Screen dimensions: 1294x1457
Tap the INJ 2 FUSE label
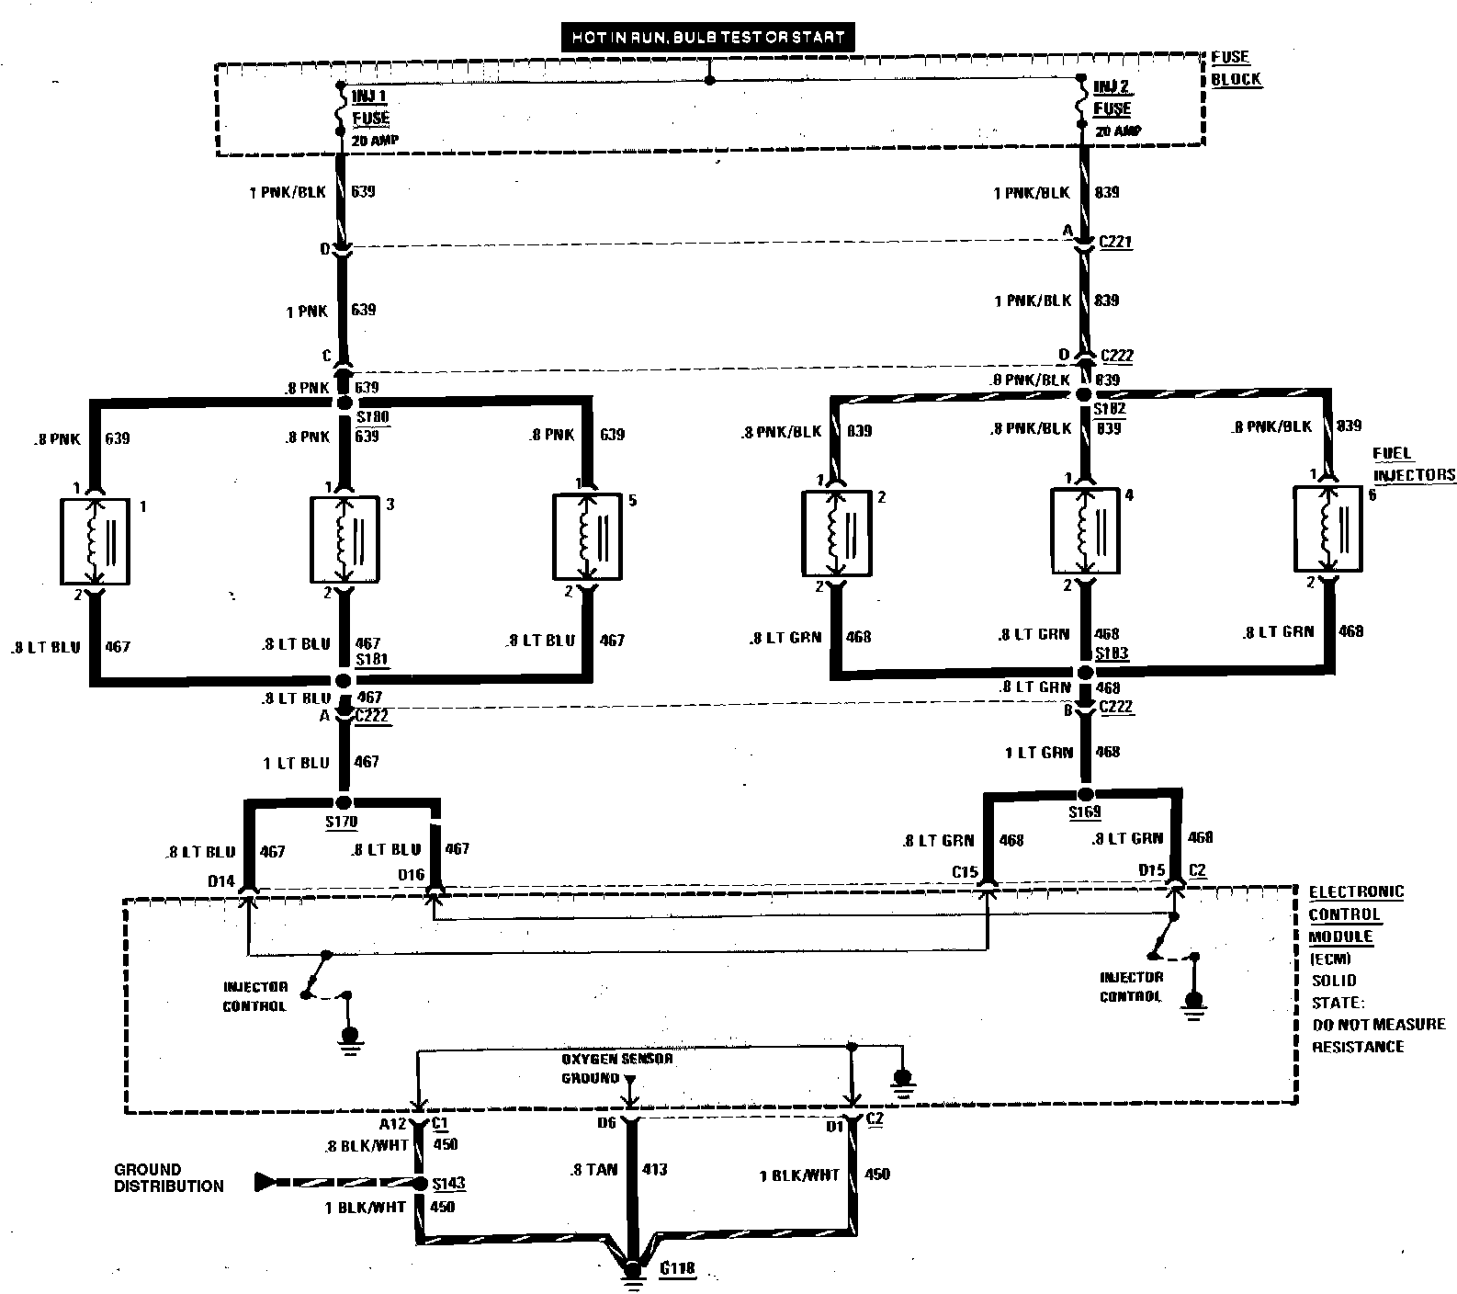[x=1112, y=97]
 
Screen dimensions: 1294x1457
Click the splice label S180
[x=372, y=417]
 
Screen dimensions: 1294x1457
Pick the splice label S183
[x=1111, y=653]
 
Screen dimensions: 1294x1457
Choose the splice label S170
[x=341, y=821]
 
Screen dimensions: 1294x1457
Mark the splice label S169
[x=1084, y=812]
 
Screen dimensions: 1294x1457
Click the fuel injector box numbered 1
[x=95, y=541]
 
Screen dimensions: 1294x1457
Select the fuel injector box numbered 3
[x=345, y=539]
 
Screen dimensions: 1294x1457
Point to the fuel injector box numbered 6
[x=1327, y=528]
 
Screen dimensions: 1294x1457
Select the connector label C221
[x=1115, y=243]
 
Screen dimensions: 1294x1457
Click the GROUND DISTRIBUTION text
[x=168, y=1178]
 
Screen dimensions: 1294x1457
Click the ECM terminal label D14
[x=220, y=881]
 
